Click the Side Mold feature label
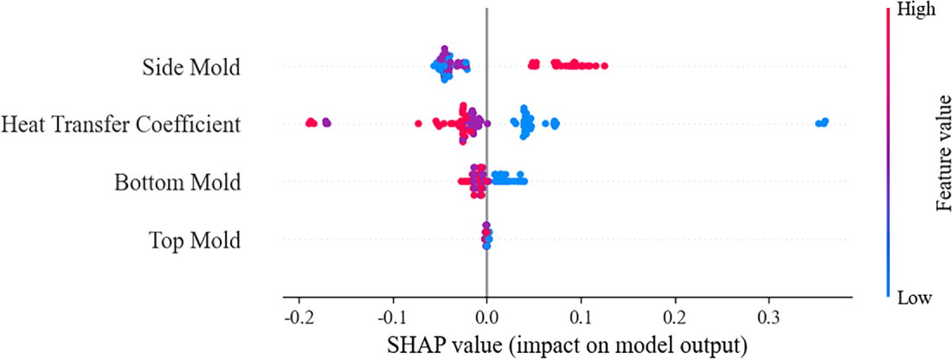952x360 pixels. (x=191, y=68)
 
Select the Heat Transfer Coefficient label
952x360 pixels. (x=120, y=125)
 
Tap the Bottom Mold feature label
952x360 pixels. (x=177, y=183)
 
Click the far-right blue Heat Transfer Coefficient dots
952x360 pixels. (x=822, y=123)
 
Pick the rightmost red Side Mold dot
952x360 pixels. (x=604, y=65)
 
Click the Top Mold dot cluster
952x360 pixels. (x=487, y=235)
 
